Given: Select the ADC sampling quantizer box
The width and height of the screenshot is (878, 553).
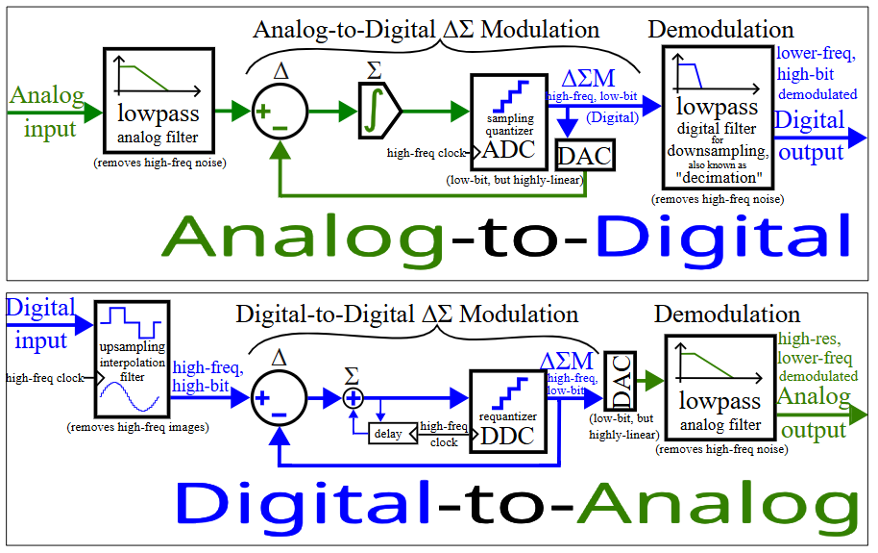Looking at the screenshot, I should click(x=507, y=121).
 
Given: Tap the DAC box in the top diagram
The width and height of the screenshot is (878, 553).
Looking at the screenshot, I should click(x=585, y=154).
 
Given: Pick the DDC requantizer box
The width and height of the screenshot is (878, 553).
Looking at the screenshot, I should click(x=506, y=410).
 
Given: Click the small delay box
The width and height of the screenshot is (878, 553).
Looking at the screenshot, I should click(x=388, y=434).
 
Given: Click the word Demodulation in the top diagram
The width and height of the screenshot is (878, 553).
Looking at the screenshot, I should click(x=720, y=29).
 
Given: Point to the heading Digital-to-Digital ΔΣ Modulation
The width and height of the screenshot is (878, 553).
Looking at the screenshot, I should click(x=407, y=314).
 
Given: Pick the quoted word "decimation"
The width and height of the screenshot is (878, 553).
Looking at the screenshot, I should click(x=718, y=177).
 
